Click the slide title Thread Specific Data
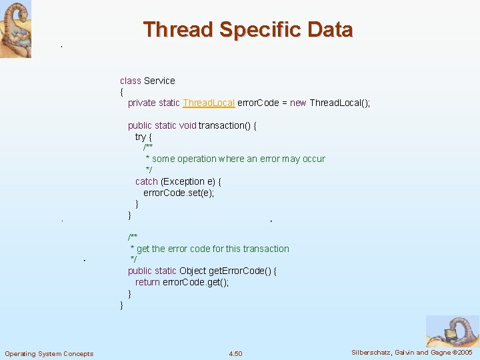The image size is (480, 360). click(x=247, y=30)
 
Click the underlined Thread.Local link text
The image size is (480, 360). click(x=209, y=103)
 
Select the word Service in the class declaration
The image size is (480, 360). click(x=159, y=81)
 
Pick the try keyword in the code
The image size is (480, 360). click(x=141, y=137)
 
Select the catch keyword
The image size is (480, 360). click(x=147, y=181)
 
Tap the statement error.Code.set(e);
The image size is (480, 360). click(x=179, y=193)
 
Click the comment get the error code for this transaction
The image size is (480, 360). click(x=212, y=249)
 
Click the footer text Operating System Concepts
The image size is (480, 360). click(x=49, y=353)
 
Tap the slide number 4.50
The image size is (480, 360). click(x=235, y=353)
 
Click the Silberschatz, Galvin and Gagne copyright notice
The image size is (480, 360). click(x=411, y=352)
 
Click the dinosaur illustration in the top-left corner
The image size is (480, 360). click(x=15, y=29)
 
